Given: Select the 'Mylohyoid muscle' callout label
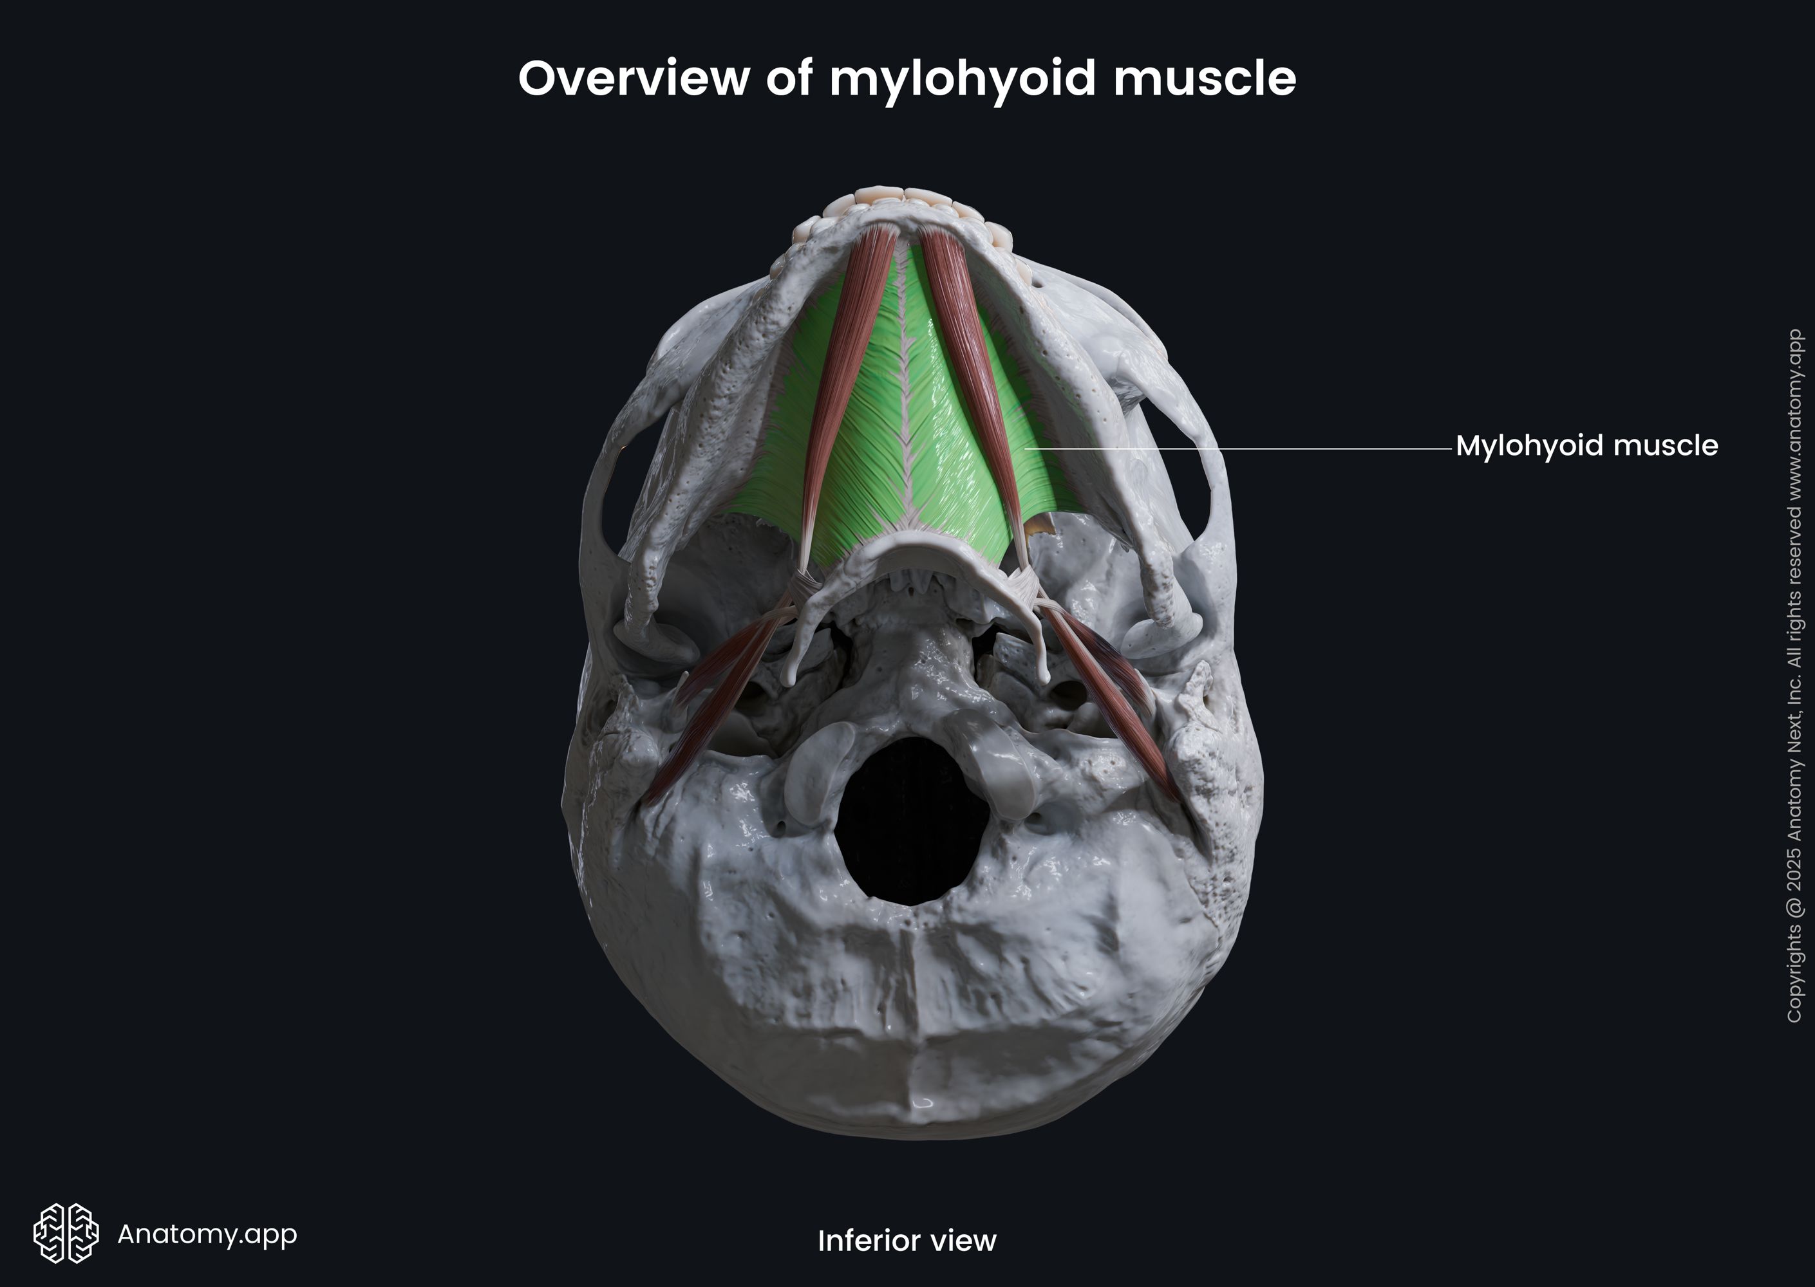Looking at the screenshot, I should [1586, 446].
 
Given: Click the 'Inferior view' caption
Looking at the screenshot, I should [907, 1240].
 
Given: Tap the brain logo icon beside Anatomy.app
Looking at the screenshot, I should [66, 1233].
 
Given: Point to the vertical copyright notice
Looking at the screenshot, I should [1794, 674].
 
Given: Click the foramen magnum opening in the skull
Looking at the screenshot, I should [912, 820].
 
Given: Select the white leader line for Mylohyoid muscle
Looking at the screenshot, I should [1237, 449].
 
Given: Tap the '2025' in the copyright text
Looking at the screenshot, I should [1794, 873].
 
